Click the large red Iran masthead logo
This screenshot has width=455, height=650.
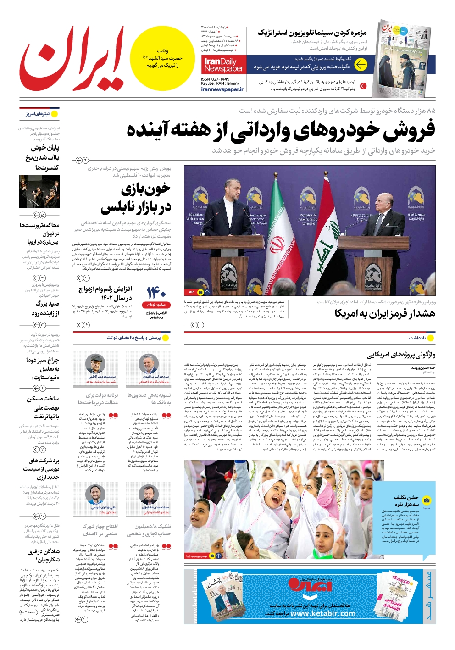click(71, 59)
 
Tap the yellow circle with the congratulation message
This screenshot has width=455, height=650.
click(162, 58)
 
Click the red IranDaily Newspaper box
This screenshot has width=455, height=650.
click(223, 65)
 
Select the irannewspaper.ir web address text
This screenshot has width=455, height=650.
click(222, 89)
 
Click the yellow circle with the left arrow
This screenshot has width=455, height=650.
click(361, 65)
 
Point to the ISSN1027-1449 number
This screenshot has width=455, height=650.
click(215, 79)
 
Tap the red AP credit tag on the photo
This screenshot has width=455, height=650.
click(191, 292)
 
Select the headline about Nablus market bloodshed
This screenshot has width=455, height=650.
click(136, 198)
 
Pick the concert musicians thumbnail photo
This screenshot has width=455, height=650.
click(39, 191)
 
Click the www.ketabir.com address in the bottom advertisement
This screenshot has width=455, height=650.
click(323, 613)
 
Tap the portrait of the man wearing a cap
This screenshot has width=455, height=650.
click(95, 363)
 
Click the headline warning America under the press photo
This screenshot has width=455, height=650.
click(384, 313)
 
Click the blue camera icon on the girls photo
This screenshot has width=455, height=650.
click(427, 500)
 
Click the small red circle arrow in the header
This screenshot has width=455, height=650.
click(363, 86)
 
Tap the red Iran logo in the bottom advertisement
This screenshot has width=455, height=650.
click(310, 585)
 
